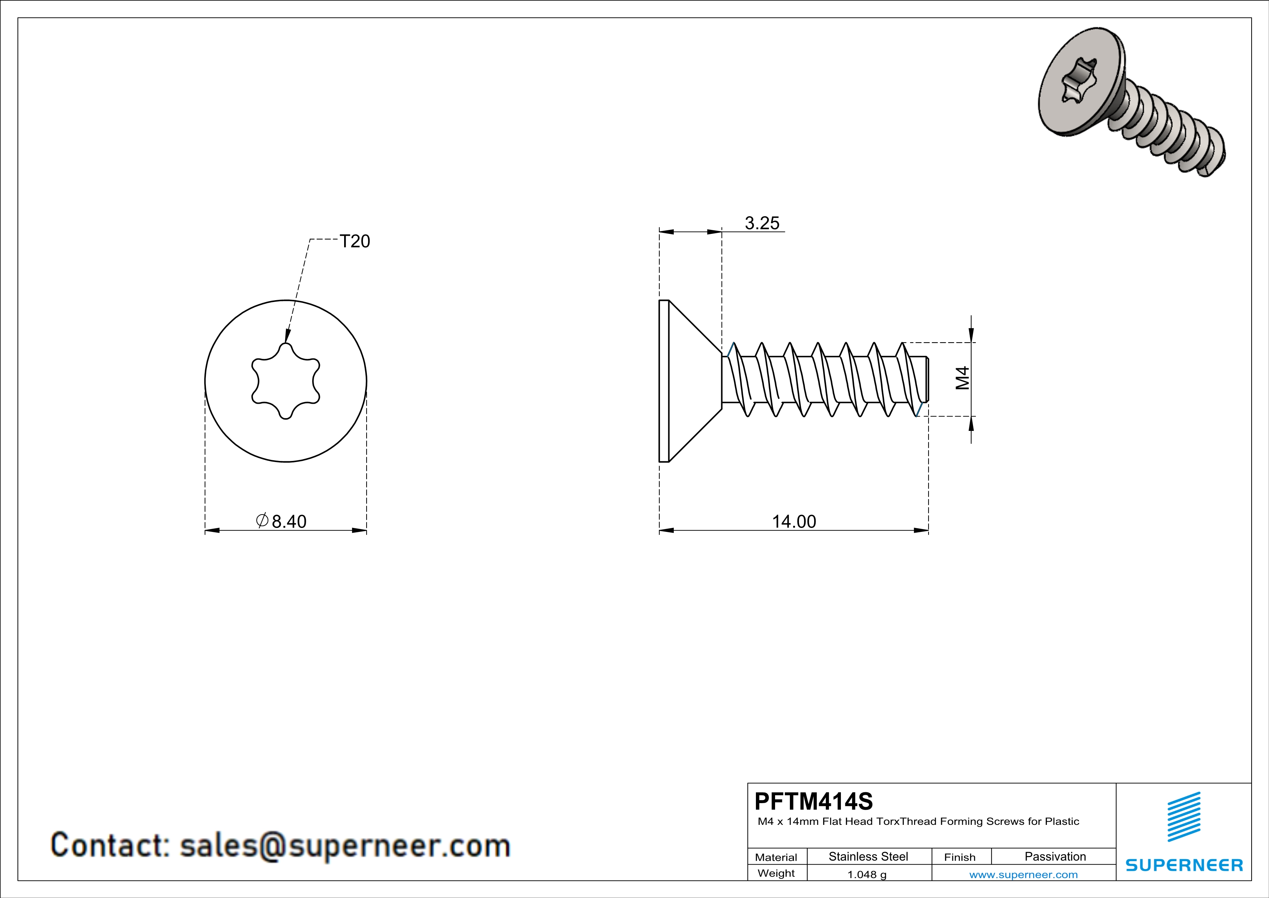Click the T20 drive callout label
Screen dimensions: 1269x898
354,241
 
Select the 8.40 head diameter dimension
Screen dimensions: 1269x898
288,521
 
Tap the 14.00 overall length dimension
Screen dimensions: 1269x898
794,521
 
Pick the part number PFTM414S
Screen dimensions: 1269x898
813,801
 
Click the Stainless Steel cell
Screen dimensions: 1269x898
868,856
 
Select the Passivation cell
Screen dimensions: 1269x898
1055,856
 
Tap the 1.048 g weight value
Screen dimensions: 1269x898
867,874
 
